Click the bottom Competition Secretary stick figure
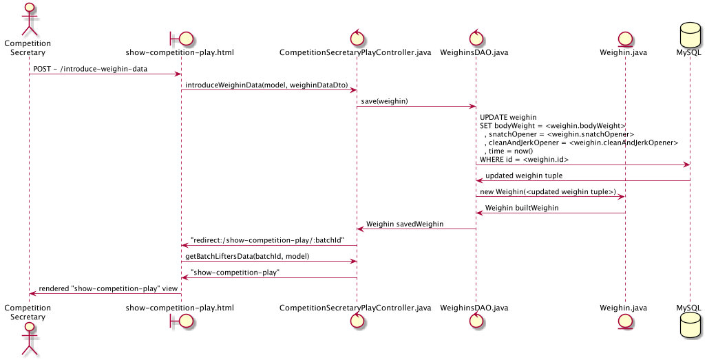point(29,339)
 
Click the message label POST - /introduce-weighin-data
point(90,69)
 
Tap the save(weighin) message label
point(384,101)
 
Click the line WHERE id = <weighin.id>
point(524,159)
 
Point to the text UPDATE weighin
point(508,117)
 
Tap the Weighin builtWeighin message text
point(521,207)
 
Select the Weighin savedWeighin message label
point(405,224)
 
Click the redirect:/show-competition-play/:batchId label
point(267,240)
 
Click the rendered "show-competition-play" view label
point(108,288)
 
